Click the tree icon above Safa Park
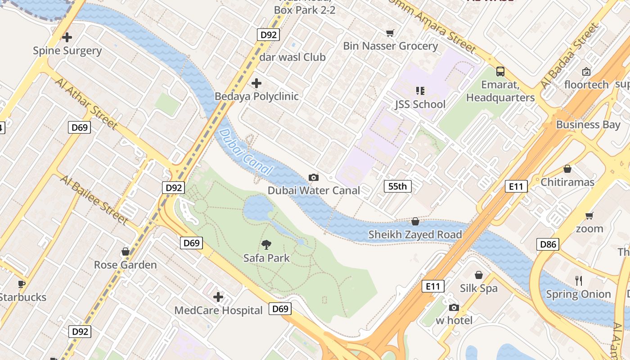tap(266, 245)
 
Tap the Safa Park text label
tap(266, 258)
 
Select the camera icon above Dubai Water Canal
tap(314, 178)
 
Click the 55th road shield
tap(397, 186)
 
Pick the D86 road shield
tap(548, 245)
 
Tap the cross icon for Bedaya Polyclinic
tap(256, 83)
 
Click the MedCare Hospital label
tap(218, 310)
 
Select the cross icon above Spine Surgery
tap(67, 37)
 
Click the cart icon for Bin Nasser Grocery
tap(390, 33)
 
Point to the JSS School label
tap(420, 104)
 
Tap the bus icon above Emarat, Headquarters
tap(500, 71)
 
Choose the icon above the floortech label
tap(586, 72)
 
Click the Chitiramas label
tap(567, 182)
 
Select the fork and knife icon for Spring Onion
tap(579, 281)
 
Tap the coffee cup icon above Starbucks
tap(21, 284)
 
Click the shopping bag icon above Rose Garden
tap(126, 252)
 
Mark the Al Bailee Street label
tap(94, 199)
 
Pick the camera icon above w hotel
tap(454, 308)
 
